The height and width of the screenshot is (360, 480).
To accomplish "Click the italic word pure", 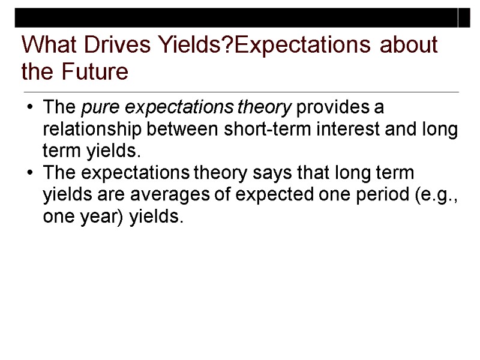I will coord(95,109).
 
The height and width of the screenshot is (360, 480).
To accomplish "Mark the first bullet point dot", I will coord(30,109).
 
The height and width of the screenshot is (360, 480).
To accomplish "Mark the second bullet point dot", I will coord(30,174).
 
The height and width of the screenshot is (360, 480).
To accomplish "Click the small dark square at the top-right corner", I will coord(465,18).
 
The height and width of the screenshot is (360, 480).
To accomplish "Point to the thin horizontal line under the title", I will coord(240,92).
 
